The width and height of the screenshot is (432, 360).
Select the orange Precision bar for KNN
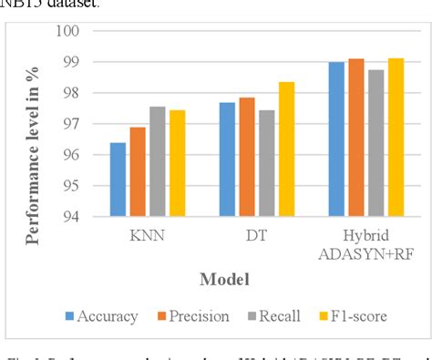pos(137,172)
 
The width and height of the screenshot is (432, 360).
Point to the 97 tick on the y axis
pos(71,124)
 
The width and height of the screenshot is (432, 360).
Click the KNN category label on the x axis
pos(149,234)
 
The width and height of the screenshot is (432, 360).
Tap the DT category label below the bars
pos(257,234)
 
